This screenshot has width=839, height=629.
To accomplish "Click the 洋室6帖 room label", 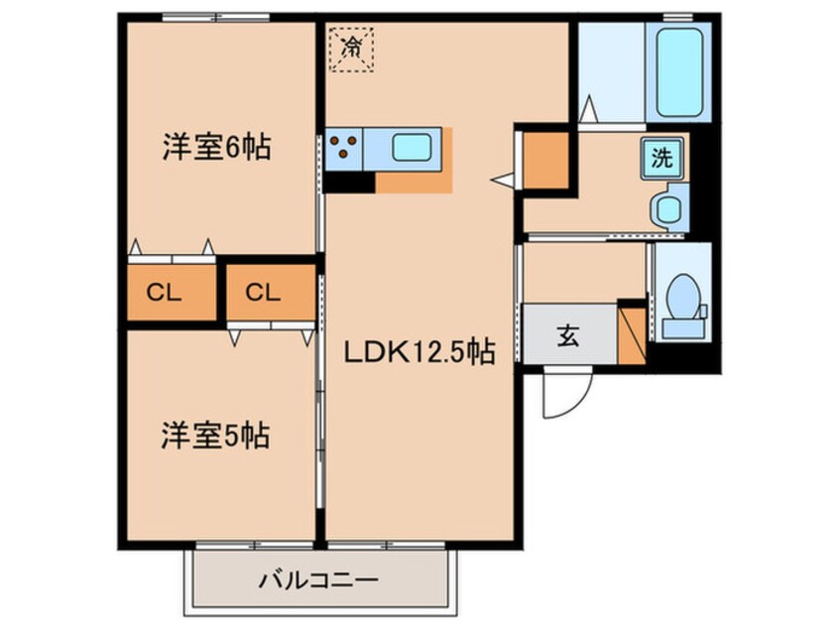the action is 217,147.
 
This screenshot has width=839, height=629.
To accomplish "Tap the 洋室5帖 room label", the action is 215,435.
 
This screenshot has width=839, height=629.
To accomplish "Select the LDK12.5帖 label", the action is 419,352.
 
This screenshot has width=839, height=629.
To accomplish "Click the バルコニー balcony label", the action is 319,579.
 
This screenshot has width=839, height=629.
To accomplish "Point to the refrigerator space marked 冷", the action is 351,49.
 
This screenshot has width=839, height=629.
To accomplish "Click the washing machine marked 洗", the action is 661,159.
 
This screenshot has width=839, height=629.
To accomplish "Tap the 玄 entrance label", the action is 568,335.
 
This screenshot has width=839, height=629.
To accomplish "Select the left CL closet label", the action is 165,293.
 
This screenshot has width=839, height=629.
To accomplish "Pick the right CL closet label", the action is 263,293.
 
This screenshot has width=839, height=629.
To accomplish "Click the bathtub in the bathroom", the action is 679,72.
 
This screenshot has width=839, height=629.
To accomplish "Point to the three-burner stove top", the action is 343,148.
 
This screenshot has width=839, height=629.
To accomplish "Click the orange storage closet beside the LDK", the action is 545,160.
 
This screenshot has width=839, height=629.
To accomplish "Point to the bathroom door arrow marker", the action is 588,109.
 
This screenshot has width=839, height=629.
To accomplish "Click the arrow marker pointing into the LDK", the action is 503,181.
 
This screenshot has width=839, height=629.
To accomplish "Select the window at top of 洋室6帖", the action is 215,17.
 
